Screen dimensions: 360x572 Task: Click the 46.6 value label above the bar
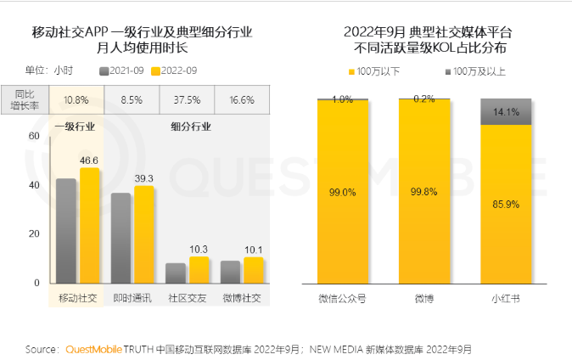pyautogui.click(x=90, y=160)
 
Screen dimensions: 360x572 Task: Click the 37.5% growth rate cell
pyautogui.click(x=187, y=99)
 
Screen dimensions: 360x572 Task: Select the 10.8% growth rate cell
pyautogui.click(x=77, y=99)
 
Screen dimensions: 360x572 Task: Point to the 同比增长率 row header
pyautogui.click(x=29, y=99)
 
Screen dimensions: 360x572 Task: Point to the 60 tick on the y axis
pyautogui.click(x=34, y=136)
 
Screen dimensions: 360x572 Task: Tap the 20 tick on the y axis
pyautogui.click(x=34, y=233)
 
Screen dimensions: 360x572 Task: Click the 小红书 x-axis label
pyautogui.click(x=506, y=299)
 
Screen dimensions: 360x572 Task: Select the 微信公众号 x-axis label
pyautogui.click(x=342, y=299)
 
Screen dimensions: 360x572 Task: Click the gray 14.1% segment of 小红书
pyautogui.click(x=506, y=111)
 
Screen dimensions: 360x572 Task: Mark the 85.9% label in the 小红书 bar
pyautogui.click(x=506, y=204)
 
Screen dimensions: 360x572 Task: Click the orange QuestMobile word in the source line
pyautogui.click(x=93, y=349)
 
